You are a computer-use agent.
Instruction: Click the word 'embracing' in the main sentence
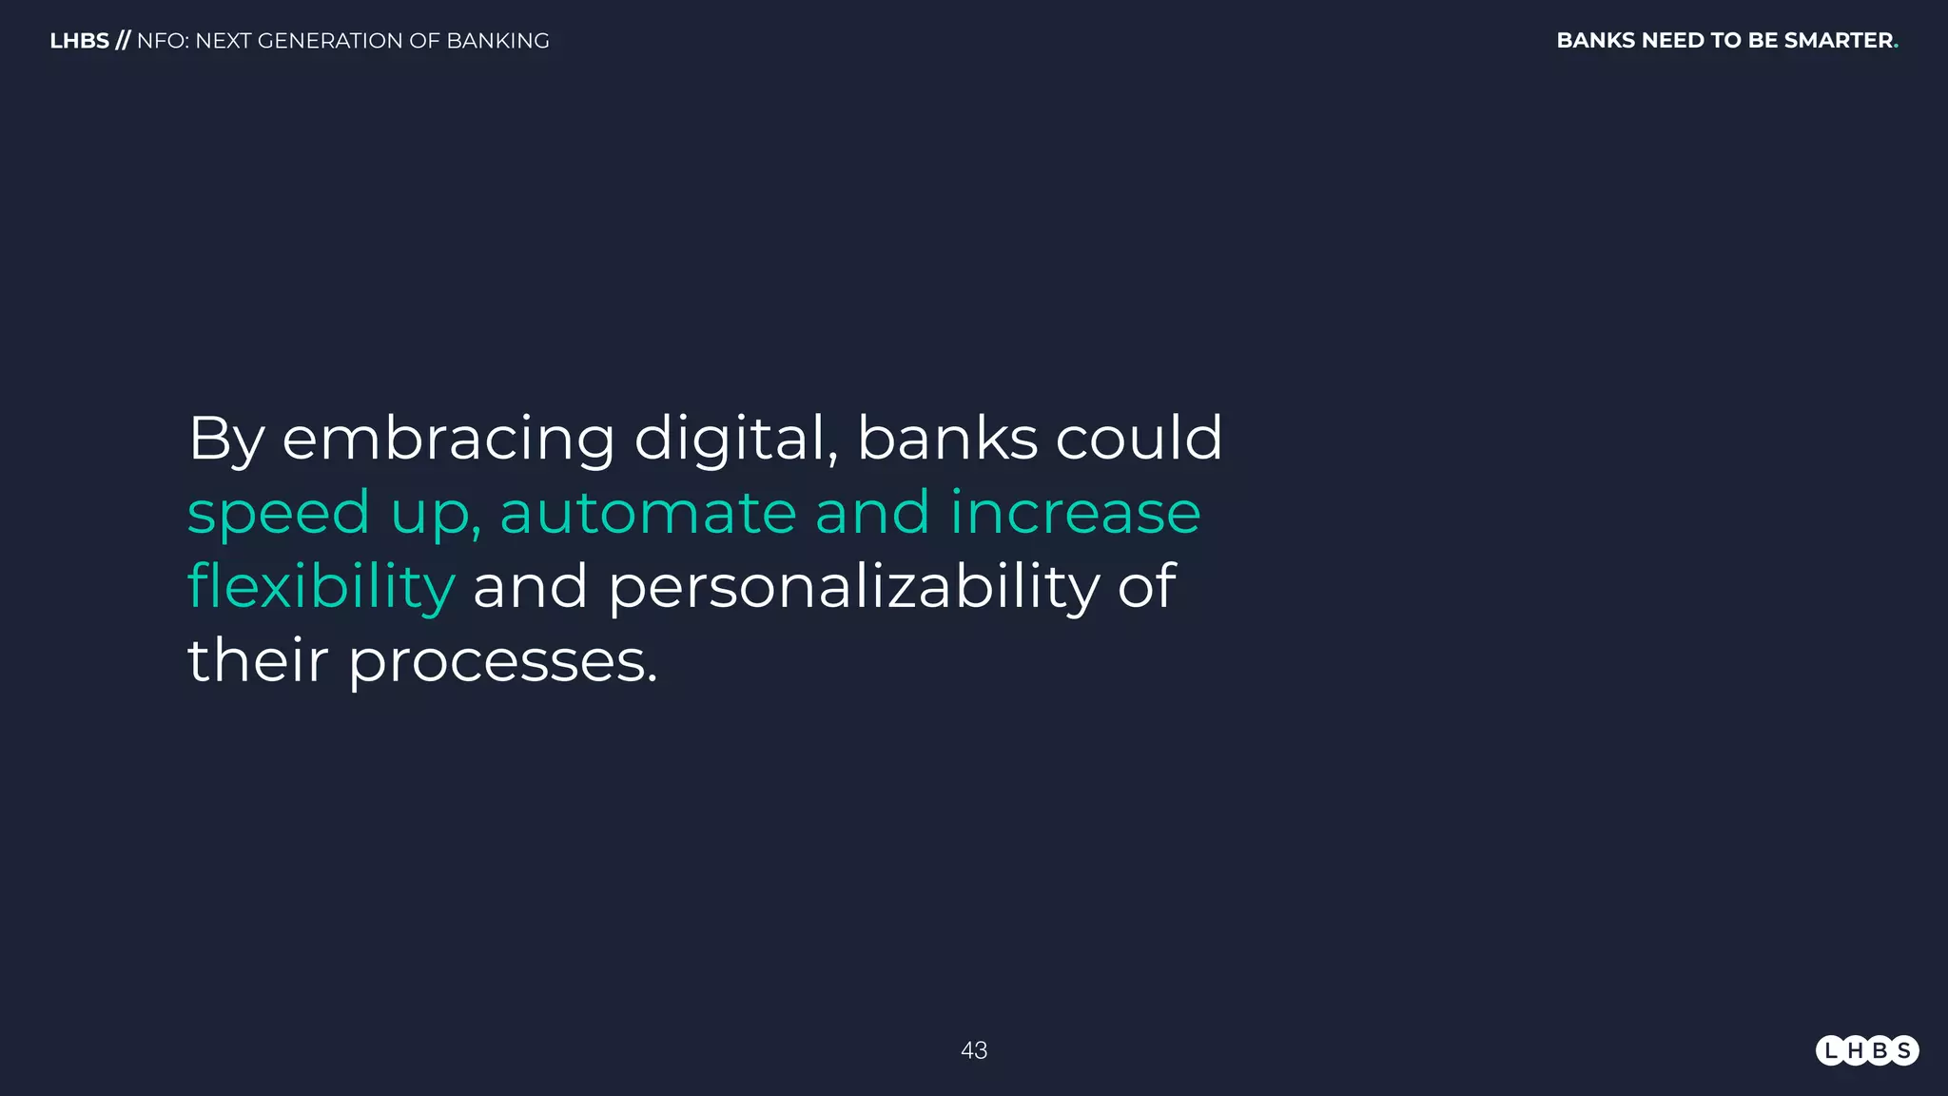point(448,439)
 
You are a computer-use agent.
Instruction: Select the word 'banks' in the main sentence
point(947,439)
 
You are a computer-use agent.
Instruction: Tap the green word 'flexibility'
point(321,586)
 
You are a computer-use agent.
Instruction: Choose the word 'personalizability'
point(853,586)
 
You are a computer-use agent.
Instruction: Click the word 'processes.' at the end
point(503,660)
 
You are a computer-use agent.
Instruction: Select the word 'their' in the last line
point(258,660)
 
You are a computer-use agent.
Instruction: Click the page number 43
point(974,1050)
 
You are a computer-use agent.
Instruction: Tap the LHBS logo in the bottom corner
point(1867,1050)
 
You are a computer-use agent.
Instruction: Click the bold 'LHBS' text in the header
point(79,41)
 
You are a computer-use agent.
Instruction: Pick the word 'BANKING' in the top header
point(497,41)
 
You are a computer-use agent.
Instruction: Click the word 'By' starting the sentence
point(225,439)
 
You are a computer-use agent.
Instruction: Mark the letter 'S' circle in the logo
point(1903,1050)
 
